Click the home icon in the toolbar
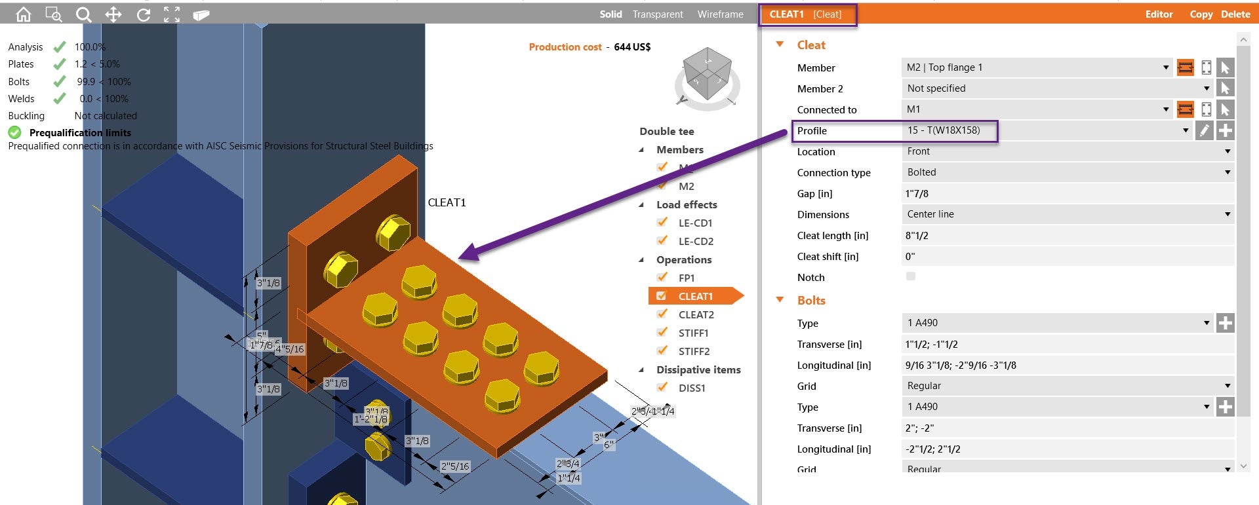(23, 14)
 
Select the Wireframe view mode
(720, 14)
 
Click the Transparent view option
(657, 14)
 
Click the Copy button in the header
(1201, 14)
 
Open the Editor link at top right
(1159, 14)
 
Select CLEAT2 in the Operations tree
(696, 314)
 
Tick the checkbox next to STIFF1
(662, 333)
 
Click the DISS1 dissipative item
(692, 388)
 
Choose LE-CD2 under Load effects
(695, 241)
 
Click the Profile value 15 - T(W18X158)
(944, 130)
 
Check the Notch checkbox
(910, 276)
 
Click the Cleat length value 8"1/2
(917, 236)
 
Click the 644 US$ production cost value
(632, 47)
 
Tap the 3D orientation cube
(707, 73)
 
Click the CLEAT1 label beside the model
(447, 202)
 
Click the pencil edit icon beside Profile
(1203, 130)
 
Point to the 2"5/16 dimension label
(454, 466)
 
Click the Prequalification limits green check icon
(14, 132)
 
